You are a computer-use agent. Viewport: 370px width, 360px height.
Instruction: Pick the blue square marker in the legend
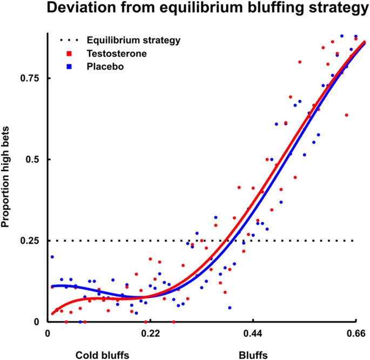coord(69,66)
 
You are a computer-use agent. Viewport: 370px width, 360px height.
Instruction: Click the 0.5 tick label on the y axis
coord(33,159)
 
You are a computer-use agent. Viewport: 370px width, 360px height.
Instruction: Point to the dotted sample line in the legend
coord(68,41)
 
